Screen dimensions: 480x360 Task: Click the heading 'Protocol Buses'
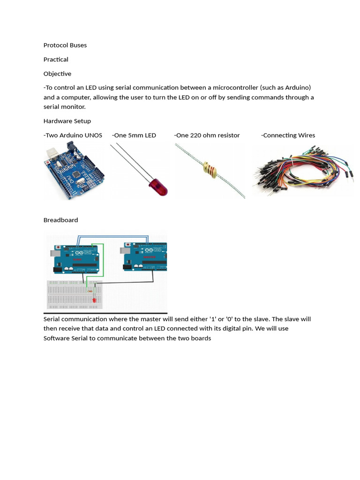click(65, 45)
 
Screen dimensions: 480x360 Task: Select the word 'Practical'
click(56, 60)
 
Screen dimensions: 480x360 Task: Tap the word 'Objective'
click(57, 74)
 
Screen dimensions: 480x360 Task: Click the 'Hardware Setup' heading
click(67, 121)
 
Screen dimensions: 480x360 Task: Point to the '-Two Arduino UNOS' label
click(73, 135)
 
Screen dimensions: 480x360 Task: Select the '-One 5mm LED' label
click(134, 135)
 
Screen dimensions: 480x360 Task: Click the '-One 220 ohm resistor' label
click(207, 135)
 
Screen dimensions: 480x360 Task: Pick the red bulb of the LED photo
click(158, 187)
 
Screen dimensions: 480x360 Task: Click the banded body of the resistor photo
click(211, 170)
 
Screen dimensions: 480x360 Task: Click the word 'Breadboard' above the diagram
click(60, 220)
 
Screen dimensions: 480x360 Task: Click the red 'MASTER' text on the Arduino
click(149, 257)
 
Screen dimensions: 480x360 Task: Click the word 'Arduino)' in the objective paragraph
click(298, 88)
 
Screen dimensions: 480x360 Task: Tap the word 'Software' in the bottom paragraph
click(57, 338)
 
